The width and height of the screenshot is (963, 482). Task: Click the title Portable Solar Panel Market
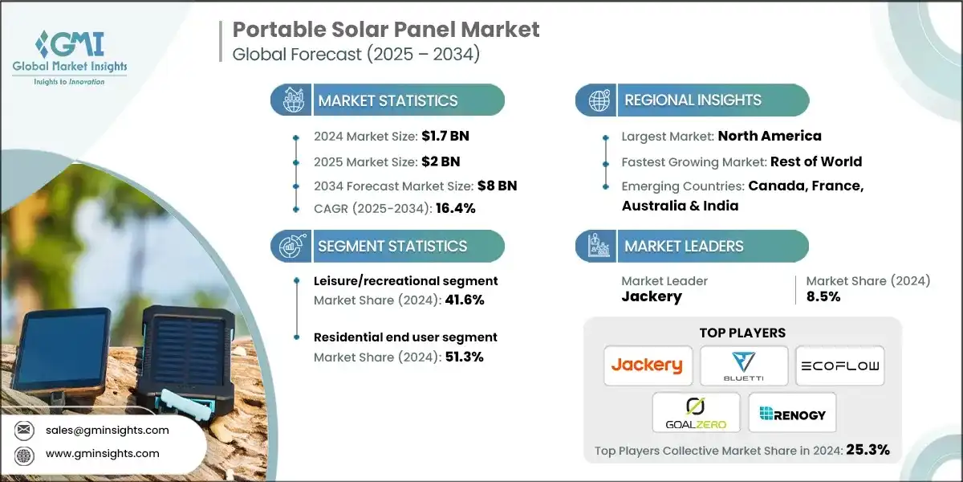386,30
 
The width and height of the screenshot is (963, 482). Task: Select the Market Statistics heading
388,100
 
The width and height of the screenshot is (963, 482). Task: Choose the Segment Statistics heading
392,246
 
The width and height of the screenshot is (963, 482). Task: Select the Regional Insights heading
693,100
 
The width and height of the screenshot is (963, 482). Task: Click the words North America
770,137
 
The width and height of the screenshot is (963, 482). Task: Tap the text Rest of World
815,161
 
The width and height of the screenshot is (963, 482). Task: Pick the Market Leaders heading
684,246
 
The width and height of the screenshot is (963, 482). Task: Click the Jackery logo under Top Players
647,366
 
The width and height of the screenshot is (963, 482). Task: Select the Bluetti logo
743,366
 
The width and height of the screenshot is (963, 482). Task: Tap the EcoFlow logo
839,366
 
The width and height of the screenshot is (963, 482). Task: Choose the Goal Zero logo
695,412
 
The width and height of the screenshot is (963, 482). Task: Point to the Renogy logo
791,412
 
